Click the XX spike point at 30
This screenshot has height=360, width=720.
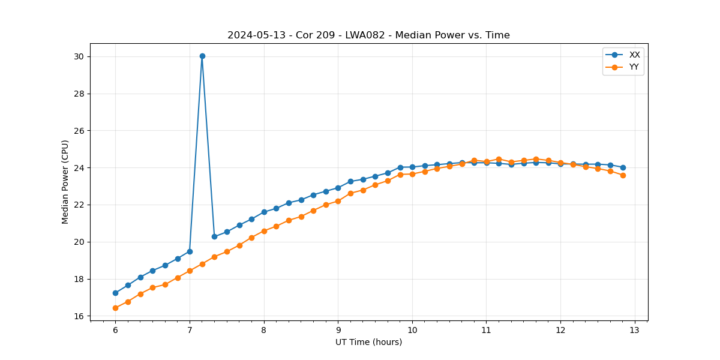click(x=202, y=56)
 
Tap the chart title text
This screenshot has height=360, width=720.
click(x=368, y=35)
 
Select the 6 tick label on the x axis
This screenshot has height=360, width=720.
click(x=115, y=330)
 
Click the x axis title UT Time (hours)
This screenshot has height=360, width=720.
click(x=368, y=342)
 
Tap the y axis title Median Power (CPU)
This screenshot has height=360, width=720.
click(x=65, y=182)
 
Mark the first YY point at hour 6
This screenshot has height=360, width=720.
click(x=115, y=308)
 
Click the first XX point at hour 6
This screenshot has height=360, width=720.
click(x=115, y=293)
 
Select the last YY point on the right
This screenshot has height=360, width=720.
click(x=623, y=175)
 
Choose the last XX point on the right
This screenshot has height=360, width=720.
click(x=623, y=167)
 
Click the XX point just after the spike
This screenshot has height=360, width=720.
click(x=214, y=236)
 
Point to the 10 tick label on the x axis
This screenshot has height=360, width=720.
click(x=412, y=330)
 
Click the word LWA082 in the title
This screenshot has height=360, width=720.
click(x=365, y=35)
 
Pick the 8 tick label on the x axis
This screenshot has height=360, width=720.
click(x=264, y=330)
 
